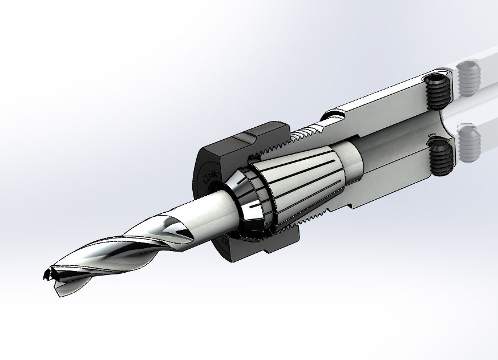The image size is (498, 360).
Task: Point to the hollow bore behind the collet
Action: [394, 145]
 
